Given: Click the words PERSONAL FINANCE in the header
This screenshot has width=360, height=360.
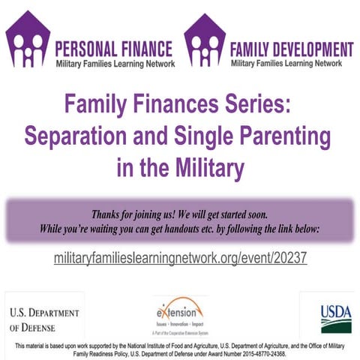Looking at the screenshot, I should point(114,50).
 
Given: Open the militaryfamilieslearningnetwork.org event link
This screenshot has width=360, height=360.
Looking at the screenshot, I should point(180,258).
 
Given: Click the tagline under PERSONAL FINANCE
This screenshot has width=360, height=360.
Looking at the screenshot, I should point(115,64).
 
